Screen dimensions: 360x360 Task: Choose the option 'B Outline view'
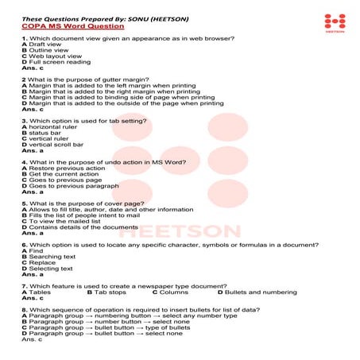point(47,50)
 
